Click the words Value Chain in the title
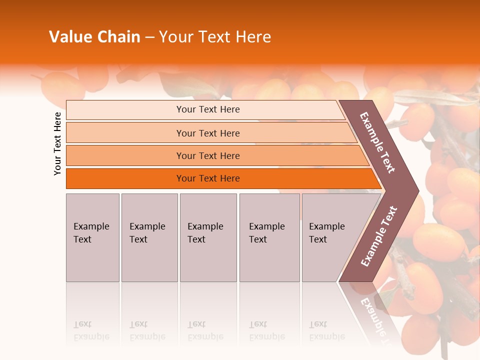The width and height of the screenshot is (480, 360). (x=94, y=37)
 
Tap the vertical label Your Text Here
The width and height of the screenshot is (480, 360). (x=57, y=143)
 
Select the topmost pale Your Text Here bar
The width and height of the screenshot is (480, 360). (x=207, y=109)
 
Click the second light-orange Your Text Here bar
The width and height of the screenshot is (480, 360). (x=207, y=133)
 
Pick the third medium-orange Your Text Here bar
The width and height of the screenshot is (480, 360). (x=207, y=155)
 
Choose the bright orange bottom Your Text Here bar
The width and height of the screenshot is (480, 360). (x=207, y=178)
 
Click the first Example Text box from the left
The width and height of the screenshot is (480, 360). (x=92, y=237)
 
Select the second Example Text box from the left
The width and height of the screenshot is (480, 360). (x=149, y=237)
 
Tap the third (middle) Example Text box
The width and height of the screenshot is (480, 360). (x=208, y=237)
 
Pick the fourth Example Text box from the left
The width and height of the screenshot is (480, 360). (x=269, y=237)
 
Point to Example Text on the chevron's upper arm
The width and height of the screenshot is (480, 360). (x=378, y=142)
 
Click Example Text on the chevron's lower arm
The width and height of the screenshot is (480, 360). (x=379, y=236)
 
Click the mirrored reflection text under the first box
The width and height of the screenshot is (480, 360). (x=91, y=330)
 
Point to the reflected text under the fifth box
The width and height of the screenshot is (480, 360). (x=326, y=330)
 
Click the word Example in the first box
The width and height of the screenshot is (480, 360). (x=91, y=226)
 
